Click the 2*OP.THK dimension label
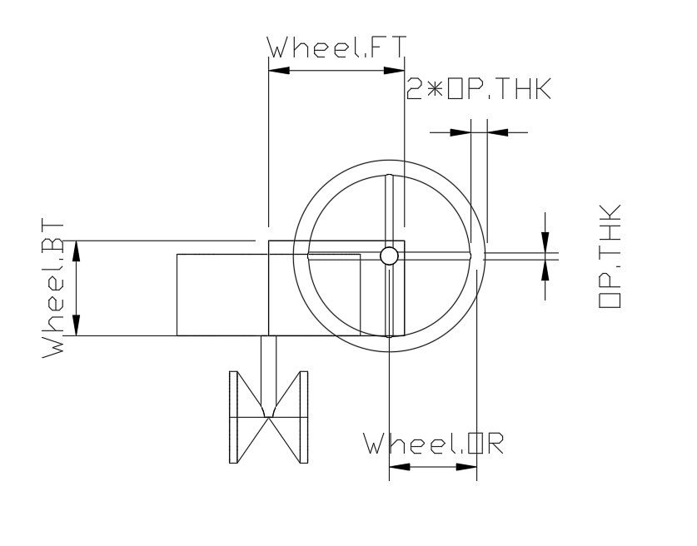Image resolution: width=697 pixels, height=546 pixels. [478, 89]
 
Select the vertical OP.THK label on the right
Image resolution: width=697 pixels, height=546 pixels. [610, 256]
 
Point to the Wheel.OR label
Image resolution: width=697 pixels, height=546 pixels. [433, 444]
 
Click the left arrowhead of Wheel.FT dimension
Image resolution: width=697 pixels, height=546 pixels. [279, 71]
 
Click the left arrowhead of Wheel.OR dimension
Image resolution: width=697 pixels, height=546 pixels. [401, 467]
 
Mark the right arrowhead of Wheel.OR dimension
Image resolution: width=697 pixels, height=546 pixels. [465, 467]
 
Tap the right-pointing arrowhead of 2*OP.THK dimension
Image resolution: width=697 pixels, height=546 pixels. [460, 132]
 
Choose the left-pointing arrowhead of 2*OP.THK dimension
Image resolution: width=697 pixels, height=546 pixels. [498, 132]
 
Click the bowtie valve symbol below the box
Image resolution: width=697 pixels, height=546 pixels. [268, 415]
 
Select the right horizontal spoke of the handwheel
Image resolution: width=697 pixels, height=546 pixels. [433, 256]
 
